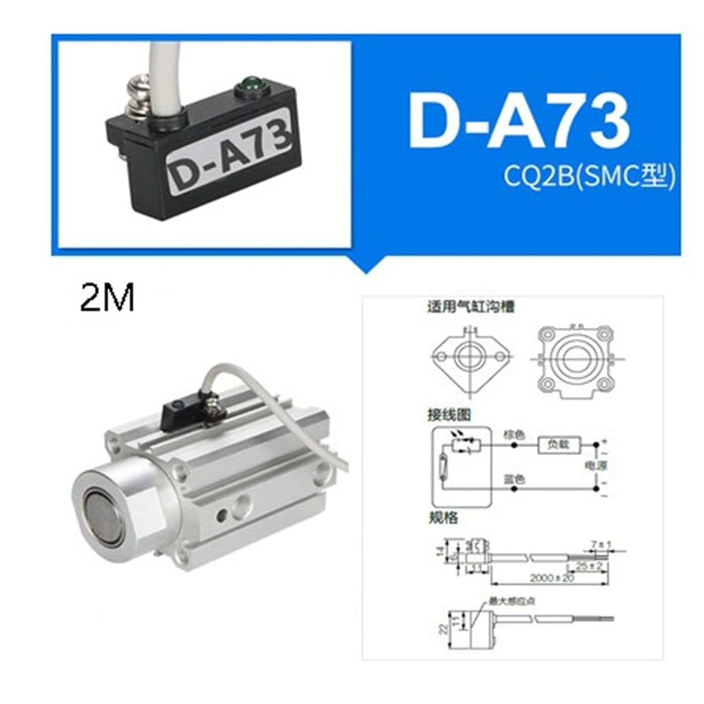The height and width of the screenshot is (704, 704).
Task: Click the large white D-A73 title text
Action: pos(519,121)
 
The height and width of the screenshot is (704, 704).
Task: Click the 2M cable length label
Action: pos(107,298)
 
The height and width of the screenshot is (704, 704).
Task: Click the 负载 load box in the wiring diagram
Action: pos(559,444)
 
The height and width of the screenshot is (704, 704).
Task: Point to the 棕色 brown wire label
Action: pos(514,435)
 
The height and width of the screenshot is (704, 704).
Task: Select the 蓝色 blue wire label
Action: pos(514,479)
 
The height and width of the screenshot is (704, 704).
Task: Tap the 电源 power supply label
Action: pos(596,466)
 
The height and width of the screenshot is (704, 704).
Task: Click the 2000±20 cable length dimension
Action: pos(552,578)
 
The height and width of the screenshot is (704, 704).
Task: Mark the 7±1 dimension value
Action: pos(601,545)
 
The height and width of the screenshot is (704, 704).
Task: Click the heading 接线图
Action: pos(449,414)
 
